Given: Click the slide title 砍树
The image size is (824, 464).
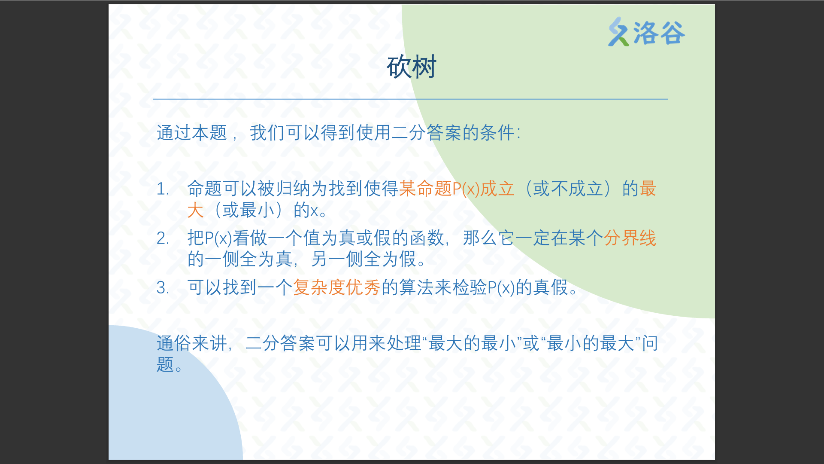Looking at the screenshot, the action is coord(412,67).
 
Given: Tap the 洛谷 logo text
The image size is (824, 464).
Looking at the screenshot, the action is coord(659,33).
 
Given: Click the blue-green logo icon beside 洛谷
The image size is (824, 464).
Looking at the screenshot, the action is coord(618,32).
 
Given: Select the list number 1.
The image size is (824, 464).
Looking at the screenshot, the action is coord(162,189).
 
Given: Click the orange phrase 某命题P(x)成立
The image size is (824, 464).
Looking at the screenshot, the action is coord(457,189).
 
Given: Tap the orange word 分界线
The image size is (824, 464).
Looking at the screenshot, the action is coord(630,238).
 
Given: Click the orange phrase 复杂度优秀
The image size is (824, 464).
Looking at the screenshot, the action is coord(337,288).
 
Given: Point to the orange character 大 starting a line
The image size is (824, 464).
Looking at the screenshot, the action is coord(196,211).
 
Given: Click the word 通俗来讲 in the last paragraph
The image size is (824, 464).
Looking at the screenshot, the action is coord(192,343).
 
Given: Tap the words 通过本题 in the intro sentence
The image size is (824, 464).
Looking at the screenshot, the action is coord(192,133).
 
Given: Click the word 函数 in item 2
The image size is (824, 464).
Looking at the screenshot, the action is coord(427,238).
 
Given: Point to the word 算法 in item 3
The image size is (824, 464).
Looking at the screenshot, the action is coord(416,288).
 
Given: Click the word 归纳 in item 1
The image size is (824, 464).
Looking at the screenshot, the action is coord(293,189).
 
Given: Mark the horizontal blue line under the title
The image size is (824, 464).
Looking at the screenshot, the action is coord(411,99).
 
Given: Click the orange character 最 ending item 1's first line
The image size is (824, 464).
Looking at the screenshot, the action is coord(648,189).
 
